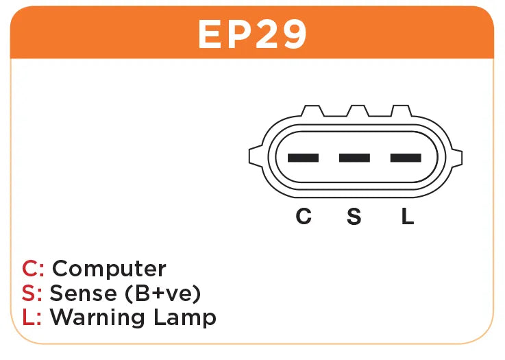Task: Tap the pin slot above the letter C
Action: [303, 158]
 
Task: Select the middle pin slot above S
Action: [354, 158]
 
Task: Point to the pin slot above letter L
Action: [406, 158]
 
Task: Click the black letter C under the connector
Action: [303, 217]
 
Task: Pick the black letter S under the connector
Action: [354, 217]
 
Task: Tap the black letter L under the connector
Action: [407, 217]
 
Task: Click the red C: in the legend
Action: [34, 269]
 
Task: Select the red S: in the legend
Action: [32, 293]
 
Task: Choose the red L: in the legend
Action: [32, 317]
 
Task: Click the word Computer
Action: [109, 269]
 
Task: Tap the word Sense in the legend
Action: [83, 293]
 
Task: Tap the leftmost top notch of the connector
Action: [312, 112]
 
